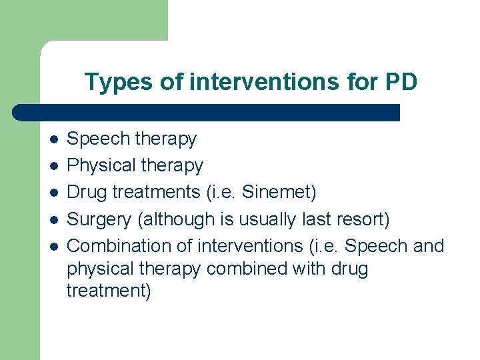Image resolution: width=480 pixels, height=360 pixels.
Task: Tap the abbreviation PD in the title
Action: (401, 82)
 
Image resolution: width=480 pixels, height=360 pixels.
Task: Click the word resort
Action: (364, 219)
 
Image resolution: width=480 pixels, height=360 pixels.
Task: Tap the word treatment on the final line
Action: (107, 291)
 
